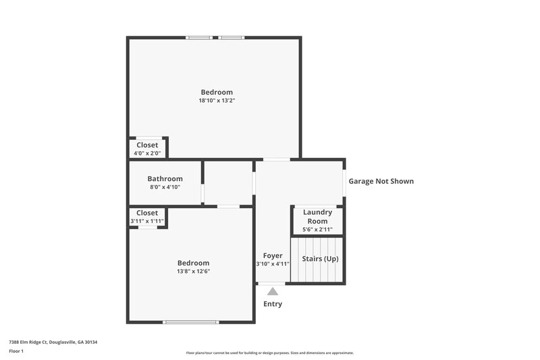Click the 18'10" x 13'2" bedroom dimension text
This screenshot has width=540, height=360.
pyautogui.click(x=216, y=101)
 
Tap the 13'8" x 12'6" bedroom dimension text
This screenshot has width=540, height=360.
pyautogui.click(x=193, y=272)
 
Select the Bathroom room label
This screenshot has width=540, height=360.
pyautogui.click(x=165, y=179)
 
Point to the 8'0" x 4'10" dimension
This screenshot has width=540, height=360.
pyautogui.click(x=165, y=188)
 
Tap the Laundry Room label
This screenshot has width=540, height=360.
pyautogui.click(x=317, y=216)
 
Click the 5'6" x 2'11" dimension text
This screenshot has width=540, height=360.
pyautogui.click(x=317, y=230)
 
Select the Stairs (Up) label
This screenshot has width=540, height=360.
pyautogui.click(x=320, y=259)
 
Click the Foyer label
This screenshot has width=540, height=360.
pyautogui.click(x=273, y=255)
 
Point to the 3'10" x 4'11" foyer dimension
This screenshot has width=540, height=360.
pyautogui.click(x=273, y=264)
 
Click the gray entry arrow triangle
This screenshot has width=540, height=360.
pyautogui.click(x=272, y=291)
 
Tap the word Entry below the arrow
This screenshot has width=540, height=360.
pyautogui.click(x=273, y=304)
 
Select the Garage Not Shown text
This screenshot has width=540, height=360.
pyautogui.click(x=381, y=181)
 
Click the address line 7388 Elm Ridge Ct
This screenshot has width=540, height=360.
pyautogui.click(x=53, y=342)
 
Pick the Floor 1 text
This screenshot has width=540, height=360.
pyautogui.click(x=16, y=351)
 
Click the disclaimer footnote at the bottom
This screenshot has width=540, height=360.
pyautogui.click(x=269, y=353)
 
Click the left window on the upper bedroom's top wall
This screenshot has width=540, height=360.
pyautogui.click(x=200, y=37)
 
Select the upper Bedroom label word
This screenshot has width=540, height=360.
pyautogui.click(x=216, y=92)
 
